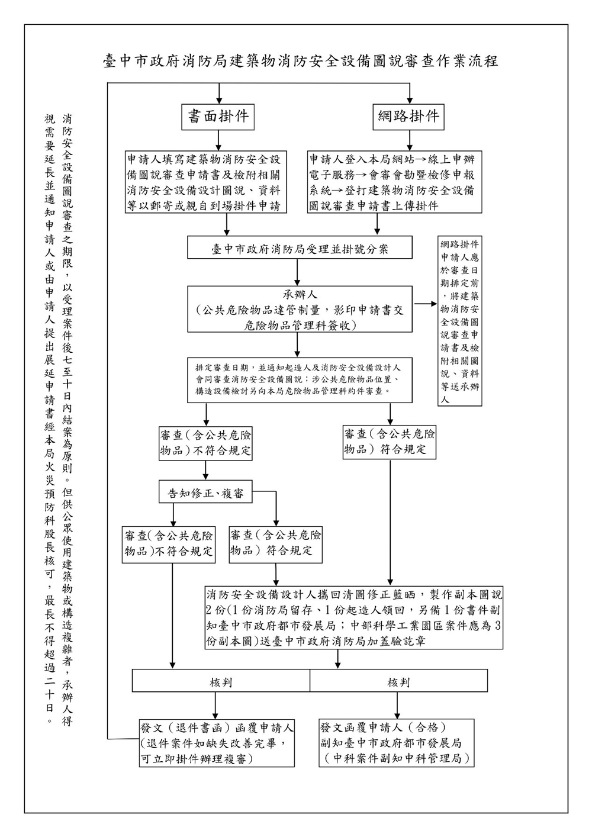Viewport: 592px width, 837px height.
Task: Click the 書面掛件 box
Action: [x=218, y=117]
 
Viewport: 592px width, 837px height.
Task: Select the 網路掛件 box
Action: [x=409, y=117]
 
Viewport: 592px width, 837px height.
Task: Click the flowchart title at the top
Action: [x=300, y=61]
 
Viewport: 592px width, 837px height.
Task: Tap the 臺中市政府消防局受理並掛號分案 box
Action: [x=300, y=248]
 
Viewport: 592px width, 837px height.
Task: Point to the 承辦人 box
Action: [x=300, y=309]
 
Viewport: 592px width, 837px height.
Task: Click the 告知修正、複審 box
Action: [x=205, y=493]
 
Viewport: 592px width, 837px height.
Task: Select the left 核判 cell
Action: [x=221, y=681]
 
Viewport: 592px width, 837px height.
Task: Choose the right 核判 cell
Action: [x=398, y=681]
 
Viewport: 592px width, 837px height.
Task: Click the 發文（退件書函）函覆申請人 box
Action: [x=217, y=743]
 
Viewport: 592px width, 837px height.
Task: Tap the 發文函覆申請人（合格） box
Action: [x=397, y=743]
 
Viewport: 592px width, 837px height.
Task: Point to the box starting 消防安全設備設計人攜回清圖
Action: [x=354, y=618]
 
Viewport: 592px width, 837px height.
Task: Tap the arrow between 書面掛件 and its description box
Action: [x=218, y=140]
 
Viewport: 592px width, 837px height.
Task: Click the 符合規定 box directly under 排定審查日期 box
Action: [x=390, y=442]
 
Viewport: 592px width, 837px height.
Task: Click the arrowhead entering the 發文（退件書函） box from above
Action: [x=215, y=714]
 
